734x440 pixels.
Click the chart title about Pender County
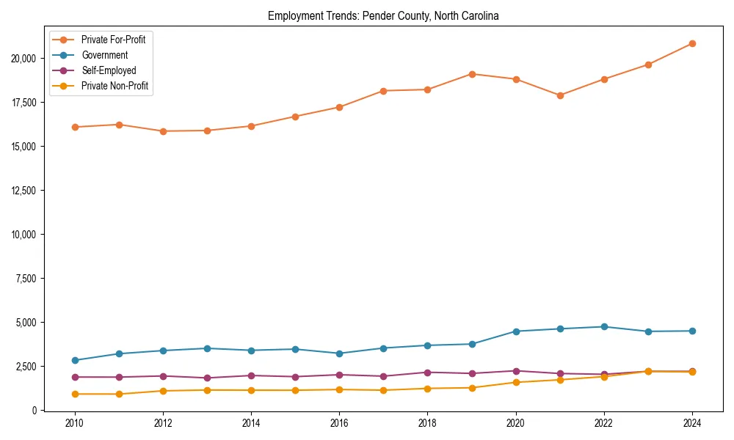(383, 16)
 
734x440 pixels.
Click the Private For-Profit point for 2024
(691, 43)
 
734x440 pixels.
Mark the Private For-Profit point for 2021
(559, 95)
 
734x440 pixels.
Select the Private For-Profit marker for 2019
(471, 74)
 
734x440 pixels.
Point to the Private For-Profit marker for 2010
(74, 127)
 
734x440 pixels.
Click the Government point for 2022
(603, 326)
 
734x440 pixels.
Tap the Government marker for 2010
(74, 360)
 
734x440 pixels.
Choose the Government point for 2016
(339, 353)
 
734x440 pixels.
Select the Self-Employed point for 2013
(207, 378)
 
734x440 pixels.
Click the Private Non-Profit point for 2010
(74, 394)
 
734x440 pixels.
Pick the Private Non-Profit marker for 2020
(515, 382)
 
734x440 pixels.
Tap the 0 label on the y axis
(32, 411)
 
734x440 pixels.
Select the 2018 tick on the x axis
(427, 424)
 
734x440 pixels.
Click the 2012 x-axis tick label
(163, 424)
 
